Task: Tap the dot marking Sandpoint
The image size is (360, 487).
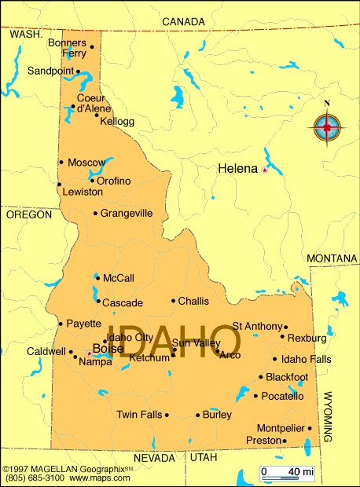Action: [78, 71]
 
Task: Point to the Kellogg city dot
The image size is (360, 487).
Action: [97, 115]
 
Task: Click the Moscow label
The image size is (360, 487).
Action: [86, 163]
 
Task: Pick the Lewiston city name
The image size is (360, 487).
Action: [83, 192]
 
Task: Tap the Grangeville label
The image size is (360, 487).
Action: [126, 213]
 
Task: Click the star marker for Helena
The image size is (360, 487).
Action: [265, 170]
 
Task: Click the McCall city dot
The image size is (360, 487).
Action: [97, 277]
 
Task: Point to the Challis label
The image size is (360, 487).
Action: [193, 301]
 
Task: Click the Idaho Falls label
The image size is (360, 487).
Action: [307, 359]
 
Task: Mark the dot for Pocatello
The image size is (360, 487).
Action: [255, 396]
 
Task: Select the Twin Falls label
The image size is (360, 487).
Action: [138, 414]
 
